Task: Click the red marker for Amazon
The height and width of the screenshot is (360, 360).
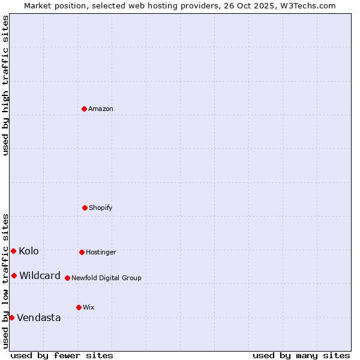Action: (84, 109)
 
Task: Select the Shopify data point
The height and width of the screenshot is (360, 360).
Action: (85, 208)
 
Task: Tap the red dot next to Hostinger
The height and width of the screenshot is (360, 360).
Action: (82, 252)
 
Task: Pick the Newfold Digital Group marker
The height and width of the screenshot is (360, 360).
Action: (67, 278)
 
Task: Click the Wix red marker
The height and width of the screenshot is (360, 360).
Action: (79, 307)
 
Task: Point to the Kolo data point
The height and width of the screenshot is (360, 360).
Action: (13, 251)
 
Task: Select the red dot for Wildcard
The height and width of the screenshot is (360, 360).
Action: (14, 275)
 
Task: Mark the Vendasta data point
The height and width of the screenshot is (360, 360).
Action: (11, 317)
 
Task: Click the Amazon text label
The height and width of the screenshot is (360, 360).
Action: (101, 109)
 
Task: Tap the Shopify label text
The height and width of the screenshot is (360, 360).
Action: (101, 208)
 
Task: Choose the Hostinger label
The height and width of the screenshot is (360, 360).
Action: (101, 253)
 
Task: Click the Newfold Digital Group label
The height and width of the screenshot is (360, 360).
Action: (106, 278)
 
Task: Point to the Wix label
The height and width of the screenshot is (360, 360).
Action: (89, 308)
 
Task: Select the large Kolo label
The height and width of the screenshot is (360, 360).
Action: (29, 251)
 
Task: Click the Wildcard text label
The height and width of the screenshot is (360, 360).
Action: (40, 276)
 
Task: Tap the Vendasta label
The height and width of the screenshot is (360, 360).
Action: (39, 318)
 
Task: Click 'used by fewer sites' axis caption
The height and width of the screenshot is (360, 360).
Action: (62, 355)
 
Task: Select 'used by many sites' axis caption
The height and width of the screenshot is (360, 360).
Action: (301, 355)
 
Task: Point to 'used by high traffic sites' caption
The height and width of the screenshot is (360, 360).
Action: (5, 85)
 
